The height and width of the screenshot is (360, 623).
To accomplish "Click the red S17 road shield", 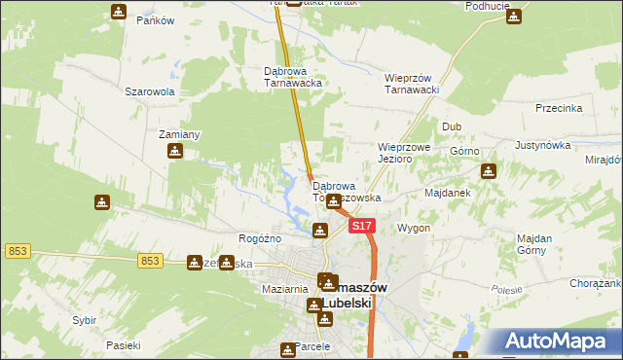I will click(x=361, y=226).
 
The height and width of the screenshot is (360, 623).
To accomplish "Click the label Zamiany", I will click(x=179, y=134).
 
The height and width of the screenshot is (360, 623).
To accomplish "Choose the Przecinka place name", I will click(x=558, y=109).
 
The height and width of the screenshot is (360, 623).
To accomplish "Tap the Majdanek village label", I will click(x=448, y=193).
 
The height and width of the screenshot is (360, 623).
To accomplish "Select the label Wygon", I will click(x=414, y=228).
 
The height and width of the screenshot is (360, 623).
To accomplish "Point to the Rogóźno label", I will click(x=260, y=238).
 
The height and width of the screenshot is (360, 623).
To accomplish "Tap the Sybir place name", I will click(x=85, y=320).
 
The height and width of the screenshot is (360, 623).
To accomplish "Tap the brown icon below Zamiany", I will click(x=175, y=151).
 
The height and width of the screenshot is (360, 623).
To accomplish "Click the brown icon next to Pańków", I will click(x=118, y=12).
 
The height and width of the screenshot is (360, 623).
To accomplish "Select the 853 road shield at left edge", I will click(x=17, y=251).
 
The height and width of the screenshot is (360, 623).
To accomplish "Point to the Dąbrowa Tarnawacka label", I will click(x=293, y=77).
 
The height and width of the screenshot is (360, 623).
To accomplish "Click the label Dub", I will click(x=451, y=126).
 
